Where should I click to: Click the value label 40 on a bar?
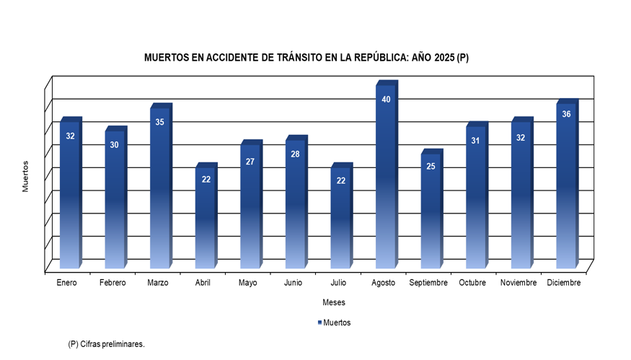point(386,100)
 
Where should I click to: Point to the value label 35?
point(159,122)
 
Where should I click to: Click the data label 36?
point(566,114)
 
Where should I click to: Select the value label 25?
point(431,166)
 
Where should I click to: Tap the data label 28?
point(295,154)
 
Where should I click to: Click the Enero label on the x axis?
point(67,283)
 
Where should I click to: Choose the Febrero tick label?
point(112,283)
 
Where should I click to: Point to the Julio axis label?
point(339,283)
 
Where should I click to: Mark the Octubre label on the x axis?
point(472,283)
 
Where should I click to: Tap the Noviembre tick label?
point(518,283)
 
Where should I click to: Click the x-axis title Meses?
point(334,302)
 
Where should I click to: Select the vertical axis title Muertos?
point(25,176)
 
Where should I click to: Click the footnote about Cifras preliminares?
point(106,344)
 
